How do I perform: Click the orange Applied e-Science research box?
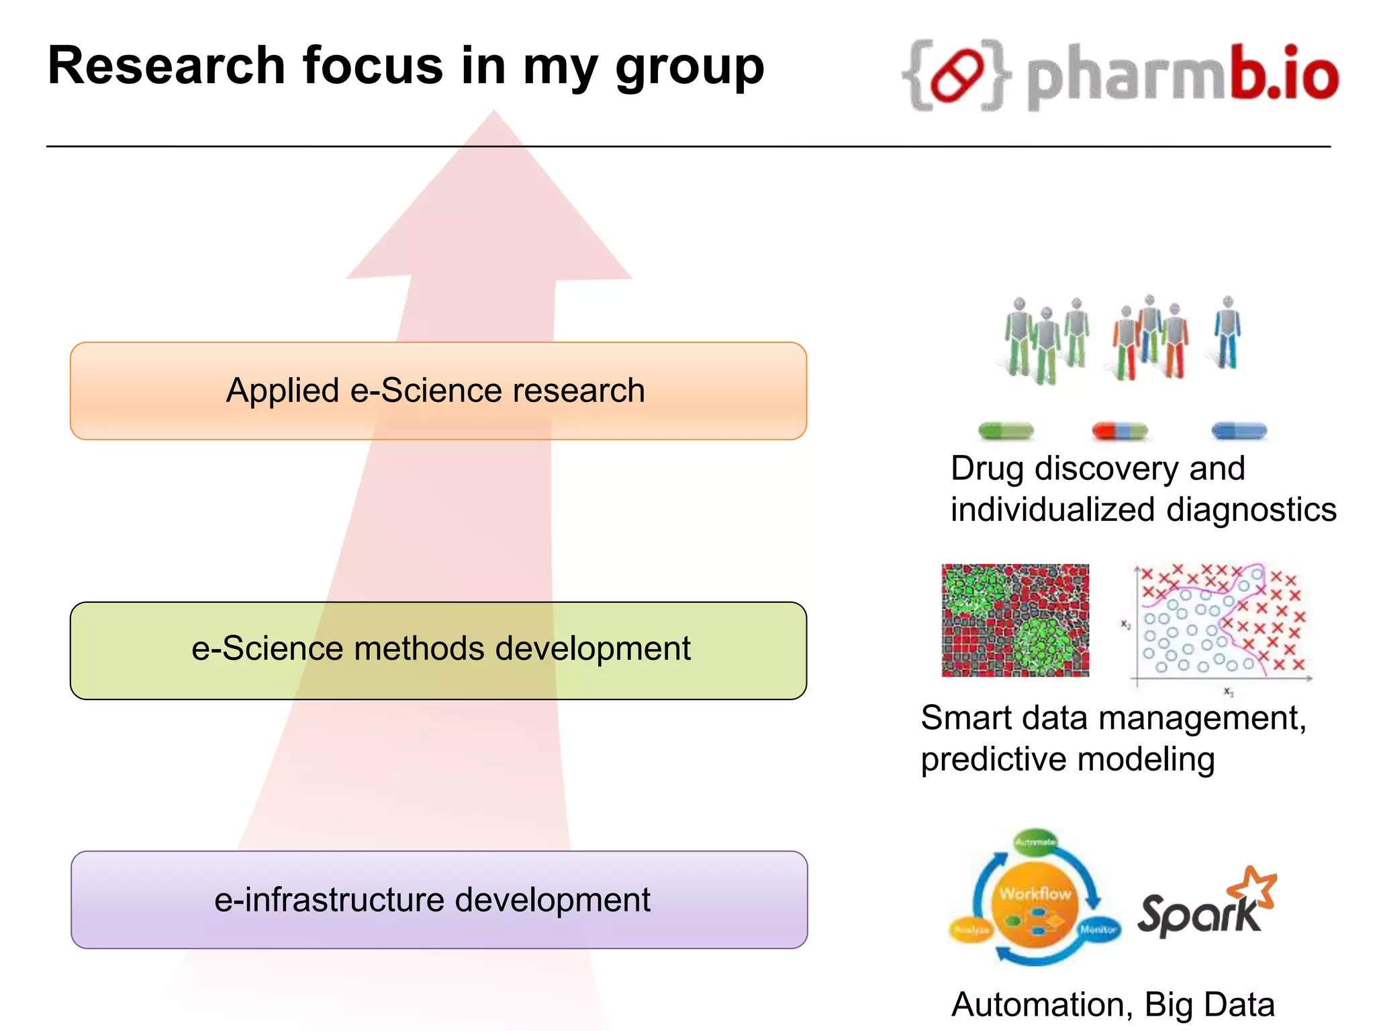[x=438, y=391]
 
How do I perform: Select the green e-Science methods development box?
[x=438, y=650]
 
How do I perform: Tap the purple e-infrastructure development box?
[x=438, y=900]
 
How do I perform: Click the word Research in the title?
[x=167, y=66]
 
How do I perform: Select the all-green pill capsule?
[x=1005, y=430]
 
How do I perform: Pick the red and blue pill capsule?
[x=1120, y=430]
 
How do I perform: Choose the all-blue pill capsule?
[x=1239, y=430]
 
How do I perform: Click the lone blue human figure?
[x=1227, y=333]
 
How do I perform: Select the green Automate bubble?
[x=1035, y=842]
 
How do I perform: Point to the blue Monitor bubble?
[x=1098, y=930]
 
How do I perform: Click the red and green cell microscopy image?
[x=1014, y=620]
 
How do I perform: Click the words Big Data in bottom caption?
[x=1208, y=1005]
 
